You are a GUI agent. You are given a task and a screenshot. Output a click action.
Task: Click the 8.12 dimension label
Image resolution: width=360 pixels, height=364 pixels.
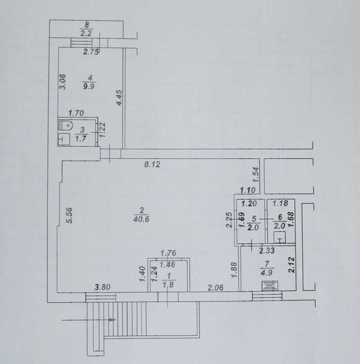pos(152,165)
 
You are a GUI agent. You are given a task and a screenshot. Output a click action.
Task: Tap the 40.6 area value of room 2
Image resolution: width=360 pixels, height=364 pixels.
pos(142,219)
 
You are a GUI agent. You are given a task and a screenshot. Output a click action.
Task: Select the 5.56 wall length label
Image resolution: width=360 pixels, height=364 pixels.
pos(69,216)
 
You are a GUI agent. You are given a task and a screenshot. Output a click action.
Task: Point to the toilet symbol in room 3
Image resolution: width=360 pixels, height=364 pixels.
pos(66,125)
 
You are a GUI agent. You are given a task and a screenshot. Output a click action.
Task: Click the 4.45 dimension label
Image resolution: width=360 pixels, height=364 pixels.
pos(119,98)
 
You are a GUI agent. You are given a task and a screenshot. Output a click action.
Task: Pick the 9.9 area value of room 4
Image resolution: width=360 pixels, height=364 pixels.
pos(89,86)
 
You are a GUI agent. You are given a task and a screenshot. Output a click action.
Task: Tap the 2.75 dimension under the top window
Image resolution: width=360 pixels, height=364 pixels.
pos(91,52)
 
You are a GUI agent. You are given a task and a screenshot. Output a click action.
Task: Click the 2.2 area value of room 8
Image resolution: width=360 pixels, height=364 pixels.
pos(86,34)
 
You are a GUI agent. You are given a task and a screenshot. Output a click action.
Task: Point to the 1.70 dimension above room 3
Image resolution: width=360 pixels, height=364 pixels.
pos(76,114)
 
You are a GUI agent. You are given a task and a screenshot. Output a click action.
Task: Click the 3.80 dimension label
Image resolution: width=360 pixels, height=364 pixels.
pos(102,287)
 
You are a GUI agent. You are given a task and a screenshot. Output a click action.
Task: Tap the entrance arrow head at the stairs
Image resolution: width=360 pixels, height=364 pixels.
pos(112,320)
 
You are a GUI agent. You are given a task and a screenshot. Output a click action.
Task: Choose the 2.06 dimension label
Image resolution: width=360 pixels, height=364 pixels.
pos(215,288)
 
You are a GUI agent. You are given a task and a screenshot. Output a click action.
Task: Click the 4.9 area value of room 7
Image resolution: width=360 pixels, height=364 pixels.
pos(266,272)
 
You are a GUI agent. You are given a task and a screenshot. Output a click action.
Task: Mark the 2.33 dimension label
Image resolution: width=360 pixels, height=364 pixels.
pos(267,250)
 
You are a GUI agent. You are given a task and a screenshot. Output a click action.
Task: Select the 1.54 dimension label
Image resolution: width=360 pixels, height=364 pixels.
pos(255,174)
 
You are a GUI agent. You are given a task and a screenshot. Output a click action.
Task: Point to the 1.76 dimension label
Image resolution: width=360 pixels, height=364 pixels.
pos(169,253)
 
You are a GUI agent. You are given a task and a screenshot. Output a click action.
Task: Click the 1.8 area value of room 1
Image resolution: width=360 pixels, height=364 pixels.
pos(169,285)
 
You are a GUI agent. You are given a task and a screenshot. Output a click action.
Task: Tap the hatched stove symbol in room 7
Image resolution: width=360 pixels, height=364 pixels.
pos(270,286)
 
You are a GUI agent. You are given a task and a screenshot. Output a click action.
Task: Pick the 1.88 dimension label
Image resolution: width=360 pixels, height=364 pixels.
pos(234,270)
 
